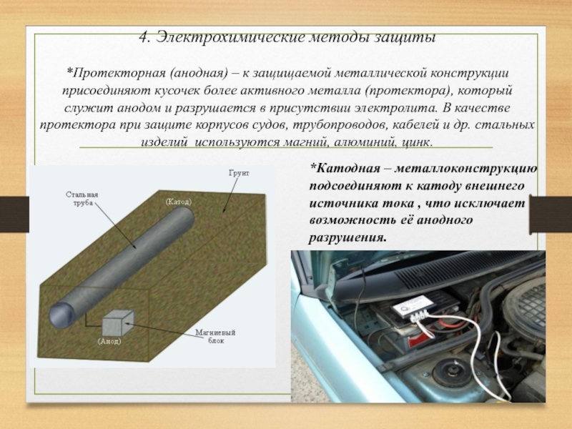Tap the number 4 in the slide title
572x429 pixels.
[x=144, y=38]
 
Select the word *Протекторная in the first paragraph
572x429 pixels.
[x=116, y=74]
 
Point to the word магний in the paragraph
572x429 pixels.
[x=310, y=142]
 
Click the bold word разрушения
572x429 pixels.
[x=347, y=238]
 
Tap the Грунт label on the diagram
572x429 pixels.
[x=239, y=173]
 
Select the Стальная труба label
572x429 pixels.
[x=82, y=199]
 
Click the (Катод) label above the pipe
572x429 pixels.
[x=178, y=202]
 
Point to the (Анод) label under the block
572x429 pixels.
[x=109, y=342]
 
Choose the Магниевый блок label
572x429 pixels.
[x=215, y=337]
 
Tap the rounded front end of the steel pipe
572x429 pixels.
[x=59, y=315]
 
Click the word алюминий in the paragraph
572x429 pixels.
[x=368, y=142]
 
